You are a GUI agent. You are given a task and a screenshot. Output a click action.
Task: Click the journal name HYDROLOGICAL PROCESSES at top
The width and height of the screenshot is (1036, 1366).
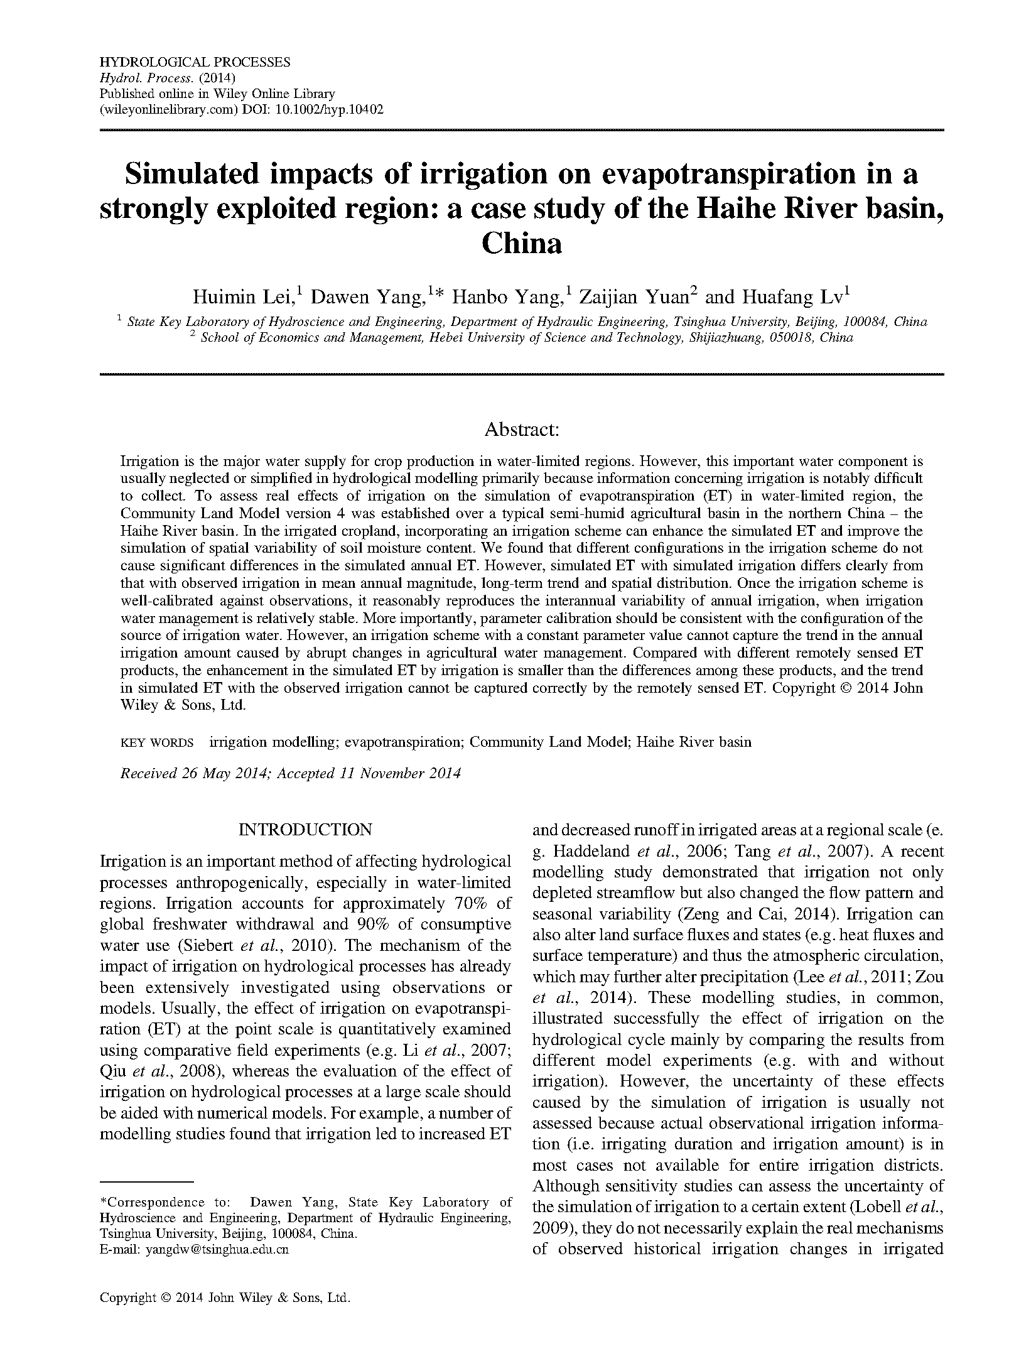(195, 62)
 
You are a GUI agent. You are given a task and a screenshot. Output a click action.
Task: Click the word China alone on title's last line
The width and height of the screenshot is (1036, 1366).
(521, 243)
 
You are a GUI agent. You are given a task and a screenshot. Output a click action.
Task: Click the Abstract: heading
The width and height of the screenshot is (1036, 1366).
(521, 430)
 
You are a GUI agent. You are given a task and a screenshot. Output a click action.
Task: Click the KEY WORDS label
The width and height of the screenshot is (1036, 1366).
(157, 742)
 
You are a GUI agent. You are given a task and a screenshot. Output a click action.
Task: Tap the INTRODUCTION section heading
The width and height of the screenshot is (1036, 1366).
(305, 830)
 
